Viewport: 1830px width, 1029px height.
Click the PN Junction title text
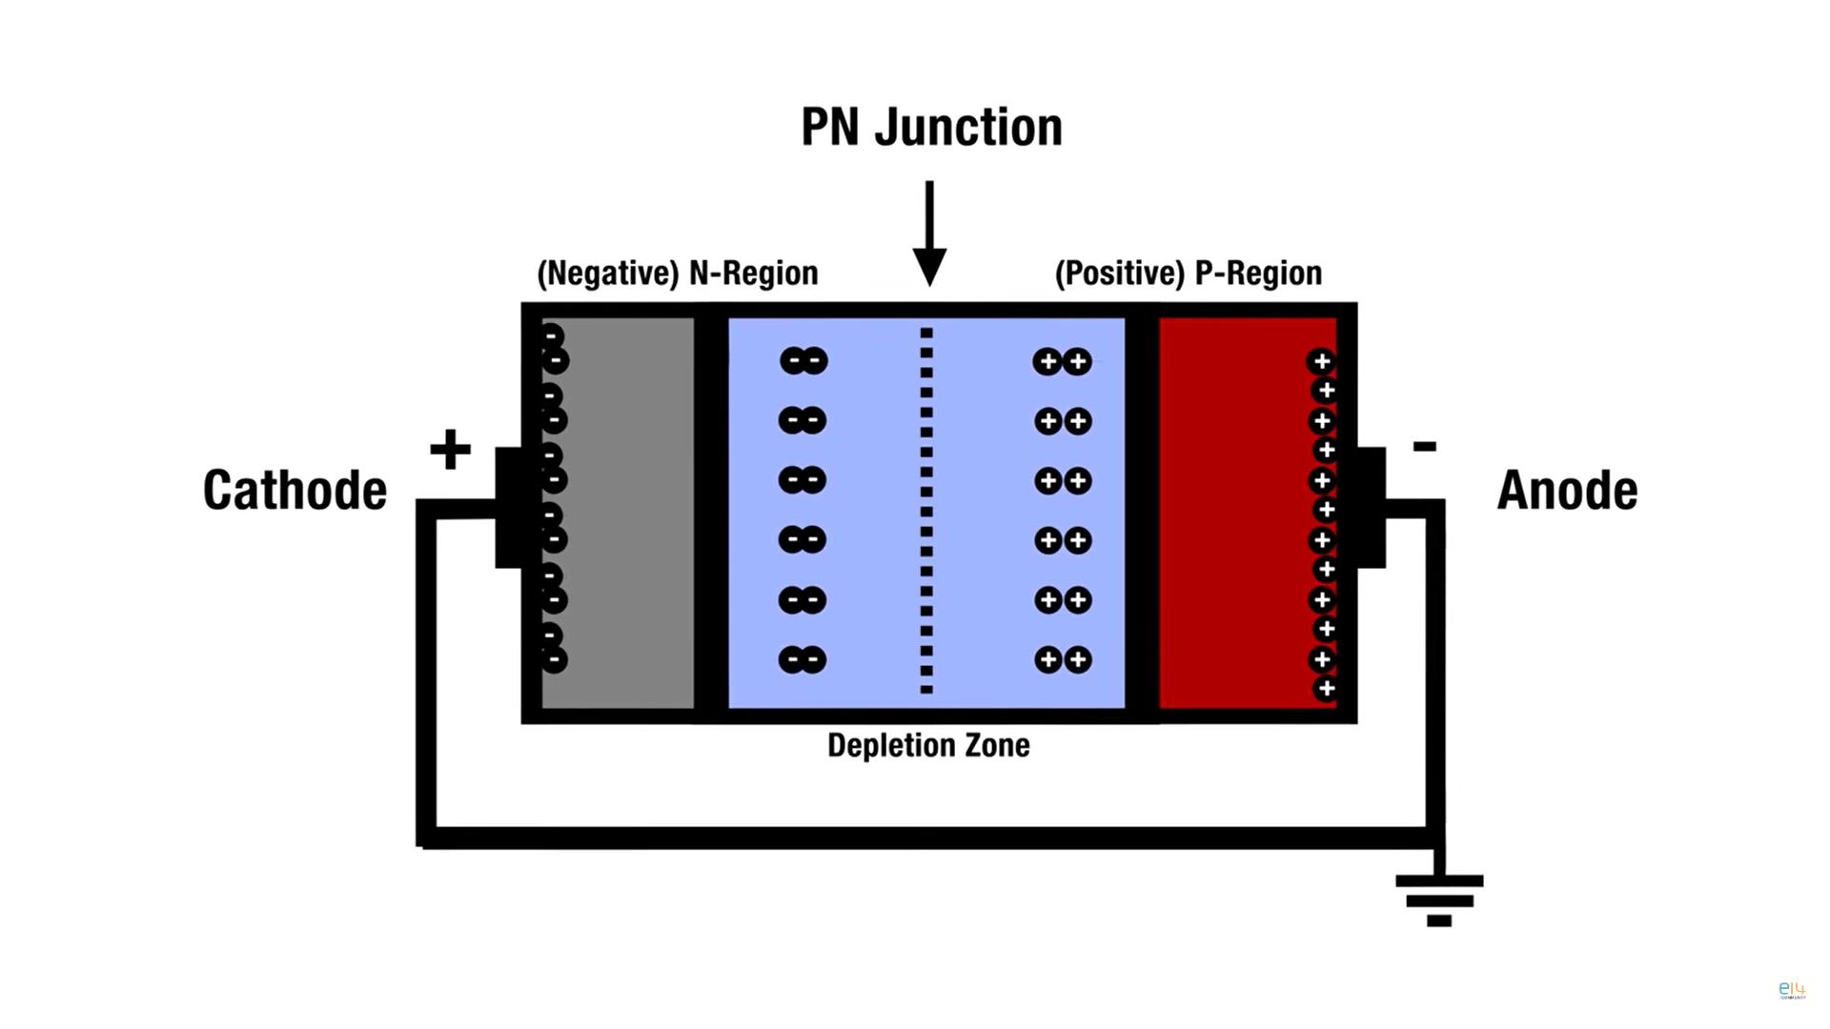(931, 128)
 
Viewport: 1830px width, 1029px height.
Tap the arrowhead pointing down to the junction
(929, 266)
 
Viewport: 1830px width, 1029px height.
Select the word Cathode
(295, 490)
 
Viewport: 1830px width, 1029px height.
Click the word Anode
(1567, 490)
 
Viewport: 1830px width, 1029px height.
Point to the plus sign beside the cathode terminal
(450, 450)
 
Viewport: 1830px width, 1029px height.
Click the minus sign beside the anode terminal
(1424, 446)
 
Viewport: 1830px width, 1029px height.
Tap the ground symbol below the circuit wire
(1439, 899)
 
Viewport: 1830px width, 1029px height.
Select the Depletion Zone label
(928, 745)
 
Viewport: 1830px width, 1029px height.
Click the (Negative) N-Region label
(677, 273)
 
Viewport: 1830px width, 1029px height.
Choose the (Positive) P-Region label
(1188, 273)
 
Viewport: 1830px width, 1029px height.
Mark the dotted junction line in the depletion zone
(926, 511)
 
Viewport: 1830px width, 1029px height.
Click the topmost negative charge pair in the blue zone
(803, 361)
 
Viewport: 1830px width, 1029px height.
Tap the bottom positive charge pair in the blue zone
(1063, 659)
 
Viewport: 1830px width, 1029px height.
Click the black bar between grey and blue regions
(711, 514)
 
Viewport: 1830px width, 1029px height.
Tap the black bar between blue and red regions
(1142, 514)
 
